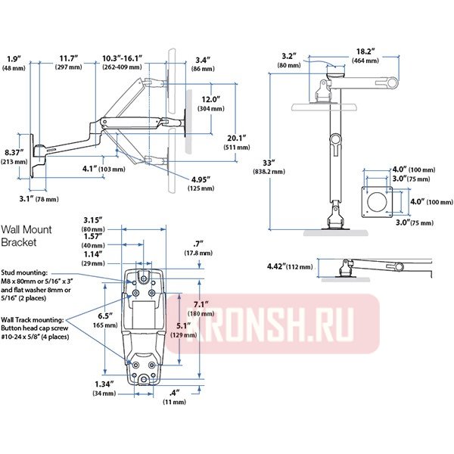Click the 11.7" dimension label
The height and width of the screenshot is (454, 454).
coord(69,58)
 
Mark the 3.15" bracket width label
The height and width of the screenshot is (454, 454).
coord(93,219)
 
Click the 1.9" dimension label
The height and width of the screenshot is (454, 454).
coord(13,58)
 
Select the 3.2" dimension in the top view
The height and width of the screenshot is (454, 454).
coord(288,55)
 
